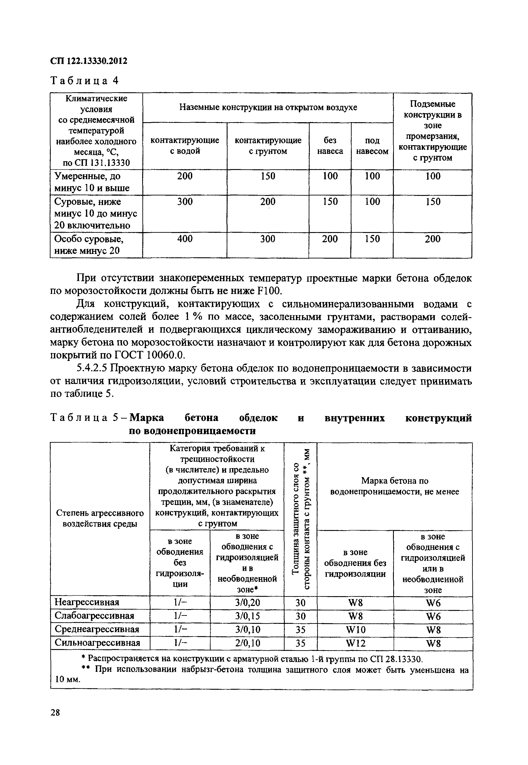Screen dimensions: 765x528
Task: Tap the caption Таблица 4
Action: pos(84,81)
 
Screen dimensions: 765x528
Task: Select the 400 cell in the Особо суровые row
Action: pos(185,239)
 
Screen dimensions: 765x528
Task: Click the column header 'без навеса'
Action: pos(330,146)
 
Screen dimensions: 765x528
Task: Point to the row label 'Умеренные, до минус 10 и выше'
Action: pos(92,182)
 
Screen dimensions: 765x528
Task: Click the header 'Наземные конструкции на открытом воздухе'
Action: pos(268,107)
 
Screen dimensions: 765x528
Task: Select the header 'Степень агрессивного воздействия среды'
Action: pos(100,518)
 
